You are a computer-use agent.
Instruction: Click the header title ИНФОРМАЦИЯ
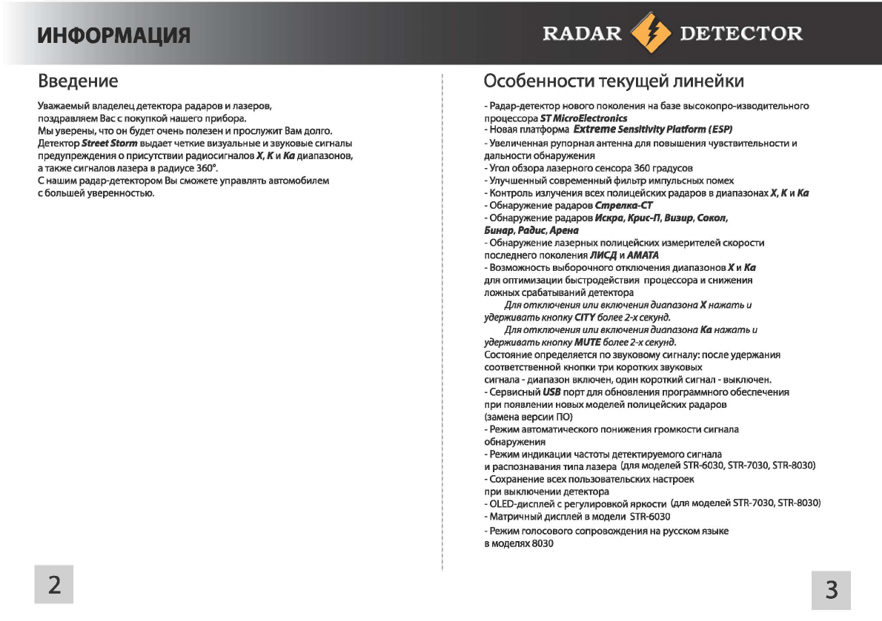[114, 34]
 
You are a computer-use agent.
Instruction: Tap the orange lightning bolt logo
[649, 33]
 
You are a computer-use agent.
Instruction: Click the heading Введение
[78, 80]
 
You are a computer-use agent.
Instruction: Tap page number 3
[831, 590]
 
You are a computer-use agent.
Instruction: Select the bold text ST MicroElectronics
[583, 118]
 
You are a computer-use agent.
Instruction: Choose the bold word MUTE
[587, 343]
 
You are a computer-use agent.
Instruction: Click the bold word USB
[550, 392]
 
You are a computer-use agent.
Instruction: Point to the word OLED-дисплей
[519, 504]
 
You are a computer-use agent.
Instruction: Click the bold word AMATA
[643, 255]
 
